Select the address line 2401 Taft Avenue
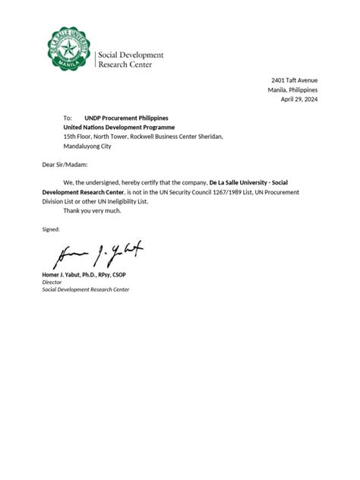[295, 81]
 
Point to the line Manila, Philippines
[292, 90]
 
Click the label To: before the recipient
[68, 118]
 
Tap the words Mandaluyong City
[87, 146]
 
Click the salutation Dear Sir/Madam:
[65, 164]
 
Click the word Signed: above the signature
[50, 229]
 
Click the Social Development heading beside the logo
[131, 55]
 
